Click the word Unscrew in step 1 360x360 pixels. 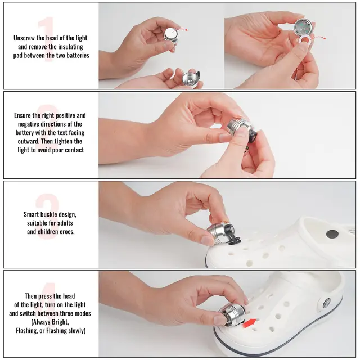(24, 38)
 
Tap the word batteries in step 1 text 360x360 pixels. (78, 55)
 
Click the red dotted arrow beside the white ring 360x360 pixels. (318, 38)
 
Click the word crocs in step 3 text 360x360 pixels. (67, 232)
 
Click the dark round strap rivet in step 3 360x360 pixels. (332, 234)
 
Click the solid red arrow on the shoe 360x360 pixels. (249, 323)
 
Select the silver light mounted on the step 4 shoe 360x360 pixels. (231, 314)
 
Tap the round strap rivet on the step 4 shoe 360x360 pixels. (327, 303)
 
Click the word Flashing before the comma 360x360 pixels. (25, 331)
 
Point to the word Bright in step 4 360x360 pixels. (60, 322)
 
